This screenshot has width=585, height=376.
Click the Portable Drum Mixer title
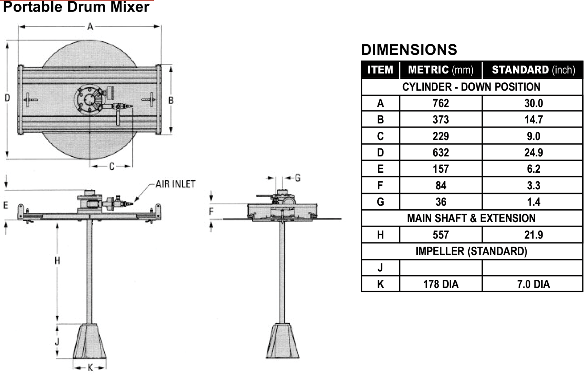(x=76, y=7)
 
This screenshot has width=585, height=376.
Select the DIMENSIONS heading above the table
(x=409, y=50)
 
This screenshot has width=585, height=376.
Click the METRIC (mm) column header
(x=440, y=70)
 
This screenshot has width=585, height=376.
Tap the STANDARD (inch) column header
(x=533, y=70)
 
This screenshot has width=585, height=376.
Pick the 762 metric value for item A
(x=440, y=103)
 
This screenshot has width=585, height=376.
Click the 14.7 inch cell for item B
(x=533, y=120)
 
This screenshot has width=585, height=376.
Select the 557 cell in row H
(x=440, y=235)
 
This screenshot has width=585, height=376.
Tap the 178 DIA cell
(x=440, y=284)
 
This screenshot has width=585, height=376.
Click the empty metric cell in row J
(x=440, y=268)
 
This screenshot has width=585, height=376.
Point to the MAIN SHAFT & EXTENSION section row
(x=471, y=218)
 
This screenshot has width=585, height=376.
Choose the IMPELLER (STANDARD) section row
(x=471, y=251)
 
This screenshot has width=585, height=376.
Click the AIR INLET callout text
(x=175, y=184)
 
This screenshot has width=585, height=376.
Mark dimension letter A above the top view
(x=90, y=26)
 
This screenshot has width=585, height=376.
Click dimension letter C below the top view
(x=111, y=166)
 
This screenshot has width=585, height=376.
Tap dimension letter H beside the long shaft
(x=57, y=260)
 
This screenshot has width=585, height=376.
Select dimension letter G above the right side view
(x=298, y=178)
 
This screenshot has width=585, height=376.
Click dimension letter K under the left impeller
(x=90, y=368)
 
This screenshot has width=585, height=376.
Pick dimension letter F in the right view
(x=211, y=212)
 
